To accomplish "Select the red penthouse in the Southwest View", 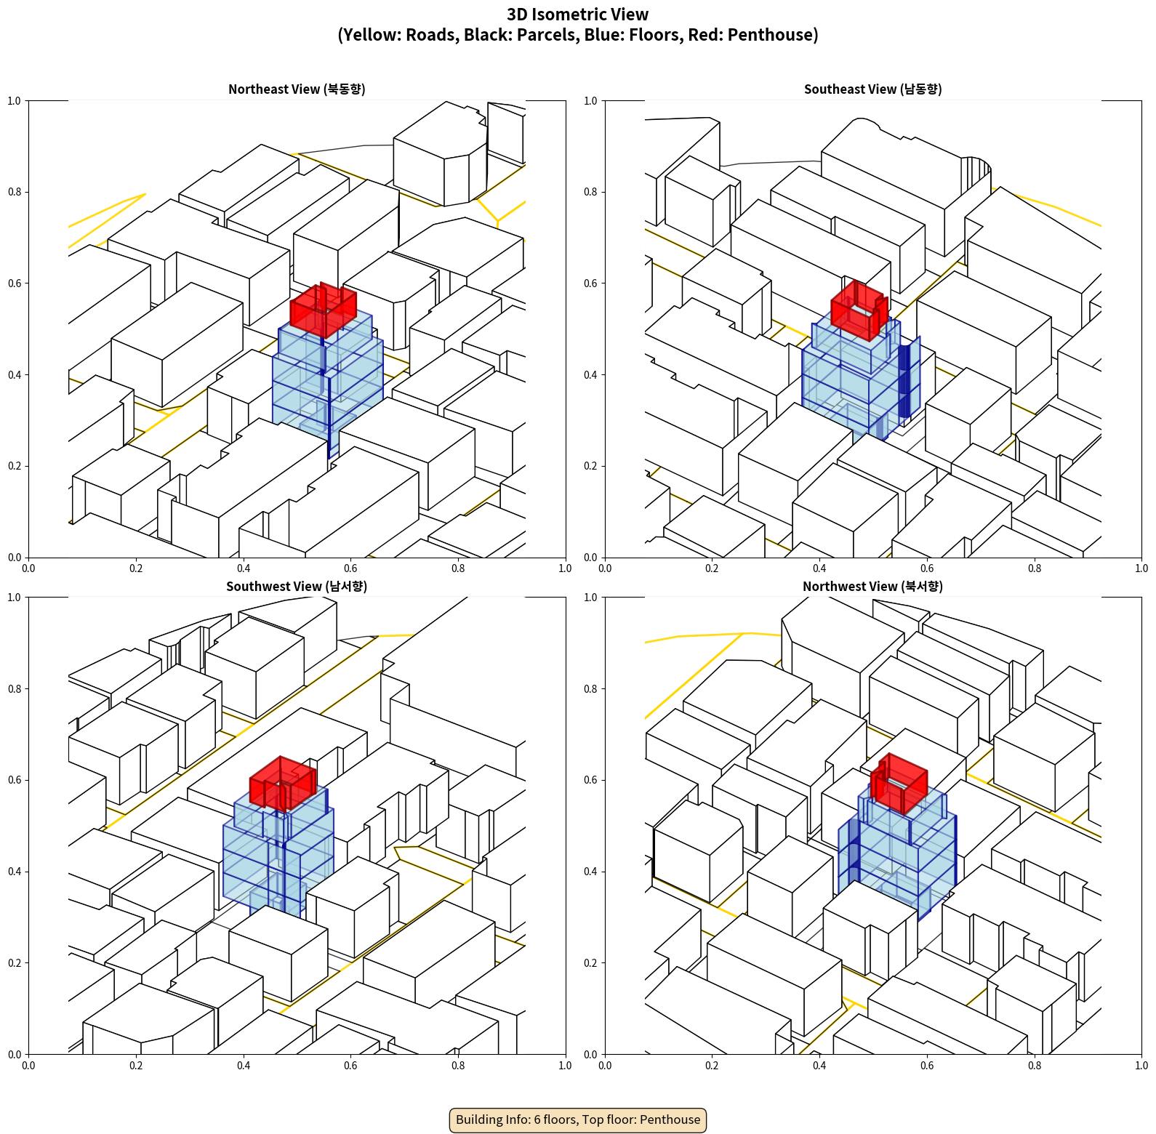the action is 283,784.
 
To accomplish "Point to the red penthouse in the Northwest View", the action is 899,784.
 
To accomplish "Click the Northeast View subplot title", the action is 297,89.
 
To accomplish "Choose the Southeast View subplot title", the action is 872,89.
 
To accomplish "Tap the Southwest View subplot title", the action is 297,587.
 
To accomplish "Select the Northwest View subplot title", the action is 872,587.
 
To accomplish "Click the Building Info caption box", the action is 578,1119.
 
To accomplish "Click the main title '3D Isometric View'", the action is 578,15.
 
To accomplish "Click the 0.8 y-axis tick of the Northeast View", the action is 15,192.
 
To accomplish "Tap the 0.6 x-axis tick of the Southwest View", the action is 350,1066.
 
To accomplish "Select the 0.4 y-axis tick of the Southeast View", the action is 591,375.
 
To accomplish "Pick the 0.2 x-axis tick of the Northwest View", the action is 712,1066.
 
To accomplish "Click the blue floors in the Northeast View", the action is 328,385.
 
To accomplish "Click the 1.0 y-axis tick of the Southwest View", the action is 15,598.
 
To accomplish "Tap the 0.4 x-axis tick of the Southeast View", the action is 819,568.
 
